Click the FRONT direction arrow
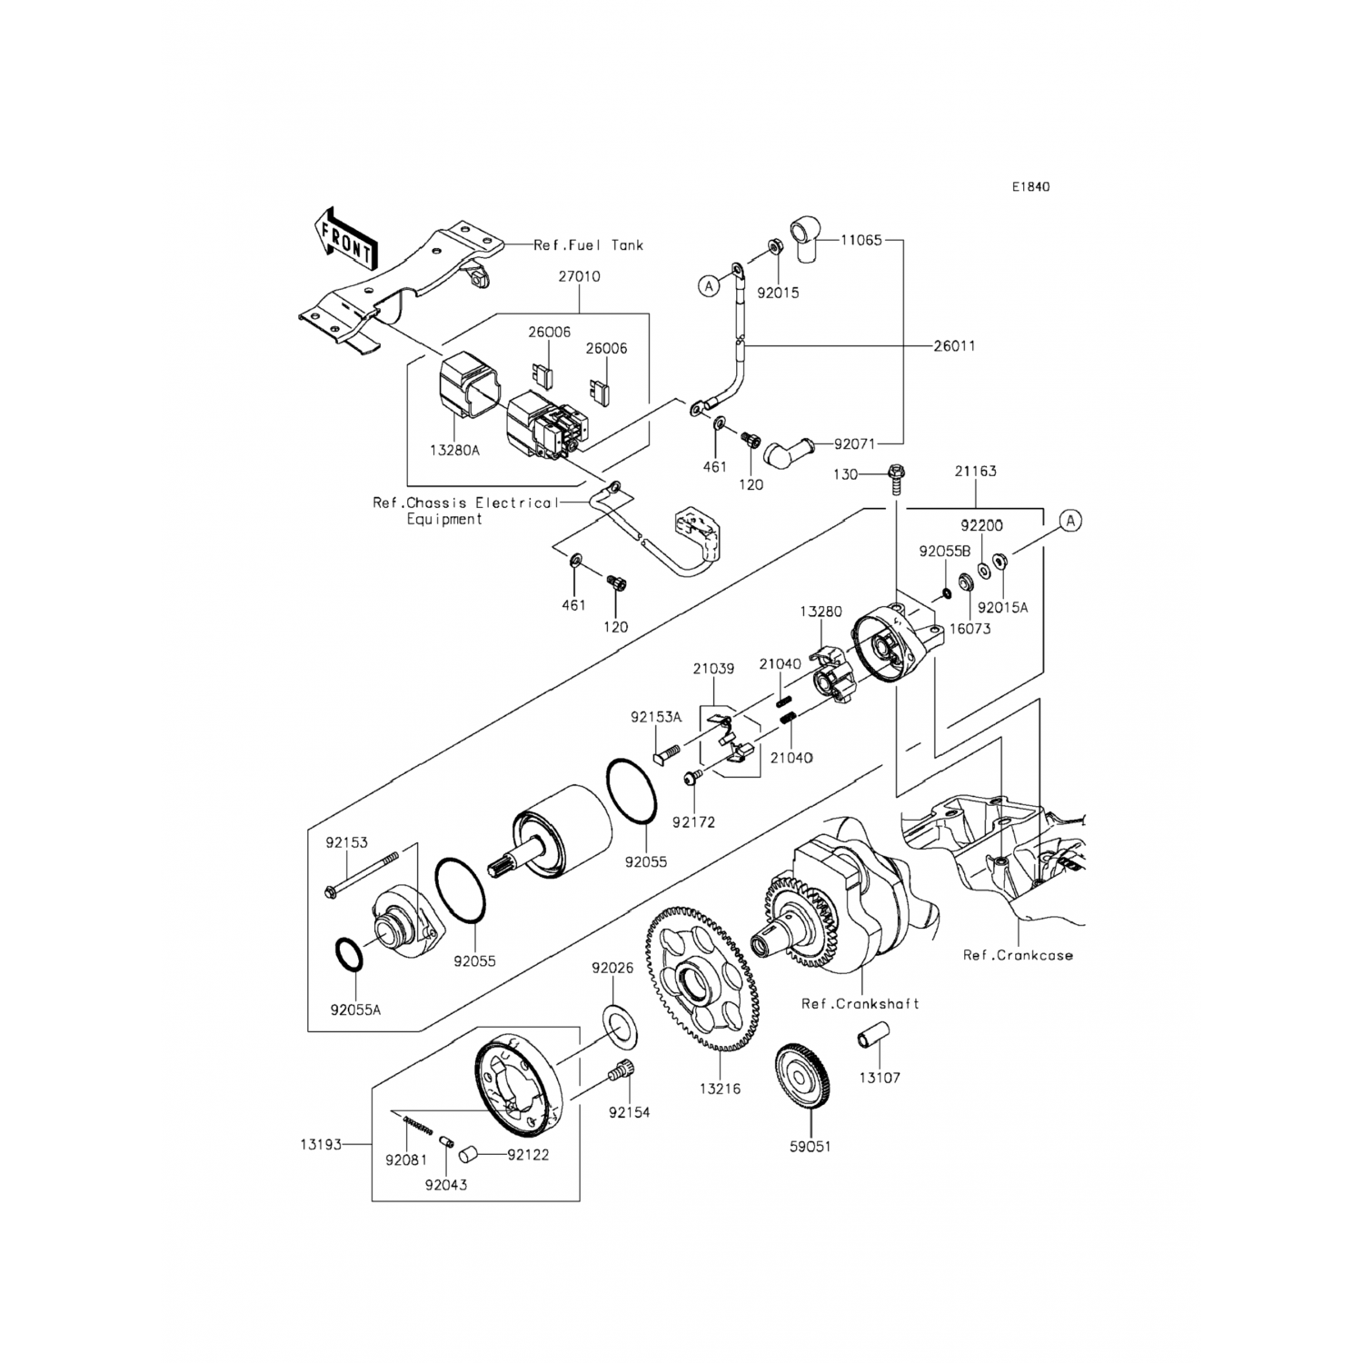(345, 240)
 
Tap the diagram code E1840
(1031, 187)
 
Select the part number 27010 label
(580, 276)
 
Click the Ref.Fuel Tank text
(588, 244)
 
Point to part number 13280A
(456, 449)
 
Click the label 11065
(861, 241)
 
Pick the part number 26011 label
(953, 346)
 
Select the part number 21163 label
(975, 472)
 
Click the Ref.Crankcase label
(1018, 955)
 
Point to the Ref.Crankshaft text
(860, 1004)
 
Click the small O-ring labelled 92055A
(351, 957)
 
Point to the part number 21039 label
(713, 669)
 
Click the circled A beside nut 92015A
(1070, 521)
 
